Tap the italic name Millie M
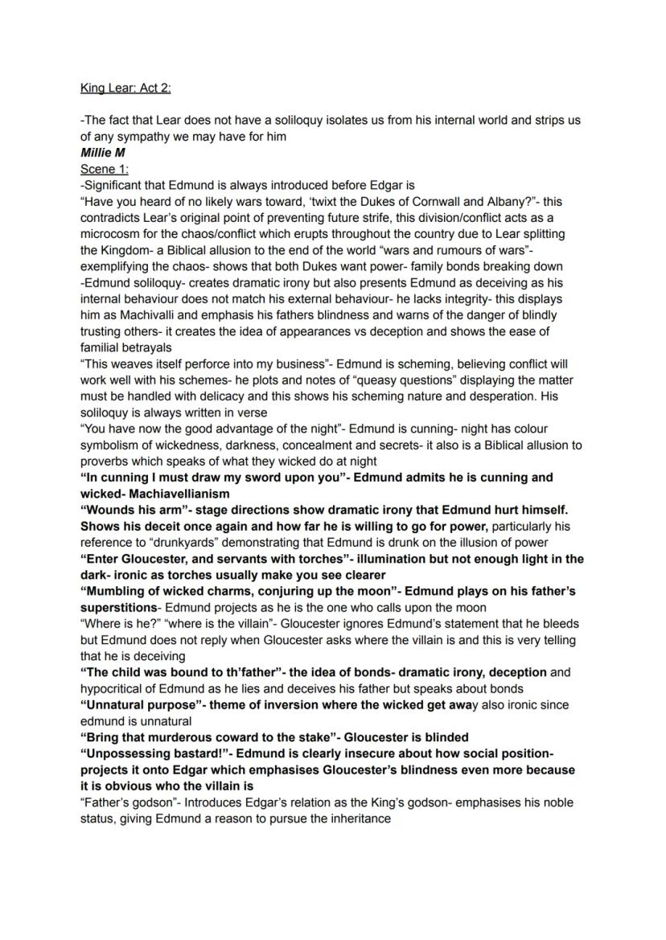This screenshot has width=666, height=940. (103, 152)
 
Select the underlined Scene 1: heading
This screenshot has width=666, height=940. (104, 169)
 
